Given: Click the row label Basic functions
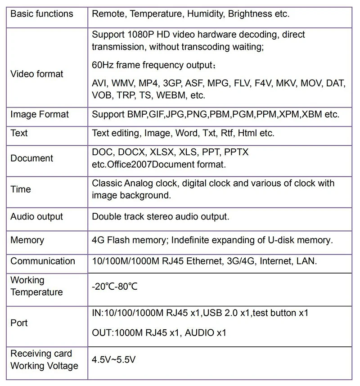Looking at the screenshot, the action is click(x=41, y=13).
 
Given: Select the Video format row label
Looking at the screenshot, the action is click(x=37, y=74).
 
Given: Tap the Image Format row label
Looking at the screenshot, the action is click(x=40, y=114).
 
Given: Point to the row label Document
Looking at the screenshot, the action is click(x=31, y=158).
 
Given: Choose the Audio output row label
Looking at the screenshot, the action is click(x=37, y=216).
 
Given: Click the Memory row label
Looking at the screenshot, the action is click(x=27, y=240).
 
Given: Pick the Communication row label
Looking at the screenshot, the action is click(x=43, y=261).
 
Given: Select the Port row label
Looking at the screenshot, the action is click(x=19, y=323).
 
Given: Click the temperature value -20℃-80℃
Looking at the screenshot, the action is click(x=114, y=287).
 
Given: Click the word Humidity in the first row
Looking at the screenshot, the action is click(x=205, y=13).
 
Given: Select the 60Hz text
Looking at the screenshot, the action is click(x=103, y=65).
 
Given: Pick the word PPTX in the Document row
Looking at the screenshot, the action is click(x=236, y=153).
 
